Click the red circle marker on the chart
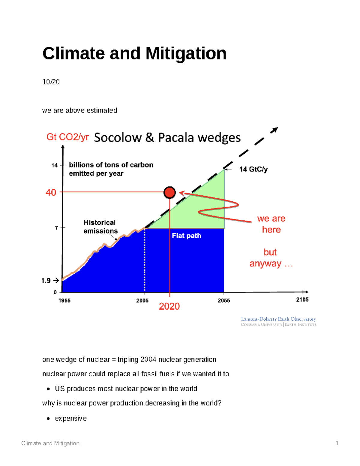(169, 192)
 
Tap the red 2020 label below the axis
(169, 306)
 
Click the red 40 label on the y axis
(51, 192)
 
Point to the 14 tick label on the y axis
(54, 165)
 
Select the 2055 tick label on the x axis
(224, 301)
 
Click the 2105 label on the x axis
(302, 300)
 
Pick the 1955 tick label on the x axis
(64, 301)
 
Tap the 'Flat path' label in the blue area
(186, 236)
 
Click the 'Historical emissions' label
(100, 227)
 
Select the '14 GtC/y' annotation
(253, 169)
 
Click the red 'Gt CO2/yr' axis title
(67, 137)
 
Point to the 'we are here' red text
(271, 224)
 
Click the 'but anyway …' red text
(271, 258)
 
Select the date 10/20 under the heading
(51, 82)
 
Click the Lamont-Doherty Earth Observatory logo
(278, 321)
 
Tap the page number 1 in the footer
(337, 443)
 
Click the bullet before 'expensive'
(48, 419)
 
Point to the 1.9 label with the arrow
(50, 281)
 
